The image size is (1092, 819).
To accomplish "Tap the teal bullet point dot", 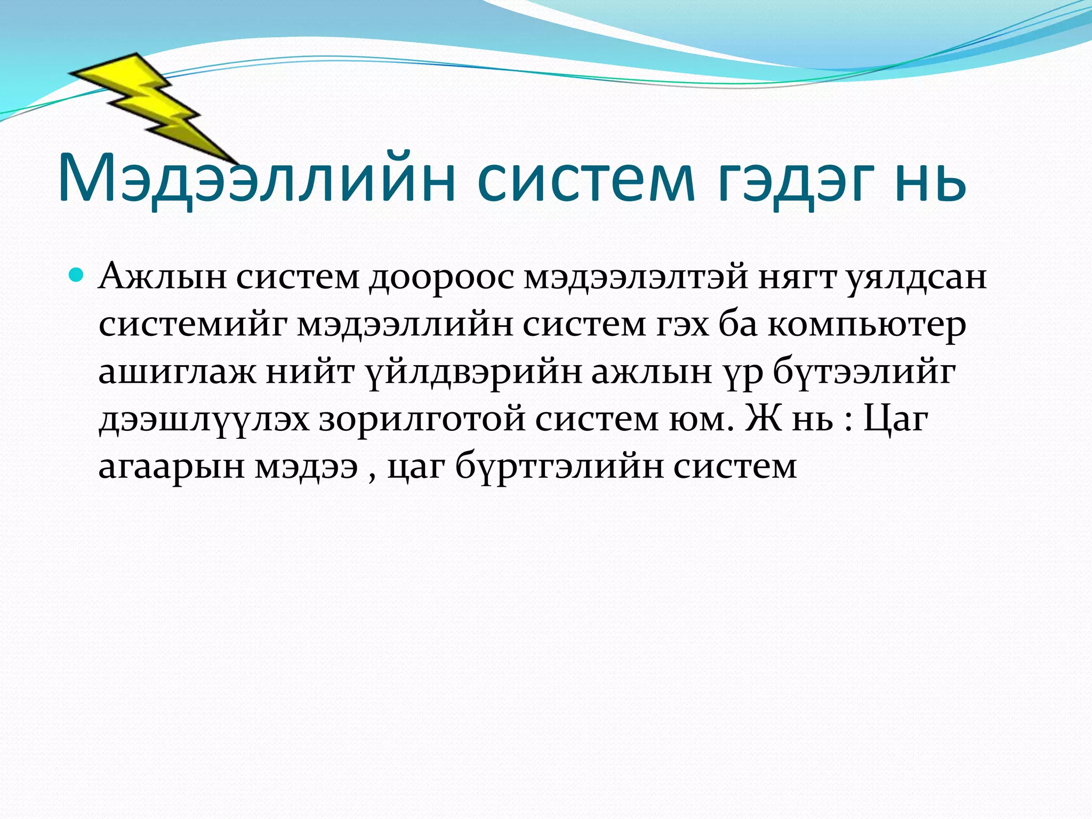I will click(x=77, y=275).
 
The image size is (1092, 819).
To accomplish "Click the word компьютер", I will click(x=866, y=325).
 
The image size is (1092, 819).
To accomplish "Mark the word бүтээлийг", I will click(x=864, y=372).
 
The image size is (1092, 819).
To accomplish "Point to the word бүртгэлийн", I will click(x=559, y=466).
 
